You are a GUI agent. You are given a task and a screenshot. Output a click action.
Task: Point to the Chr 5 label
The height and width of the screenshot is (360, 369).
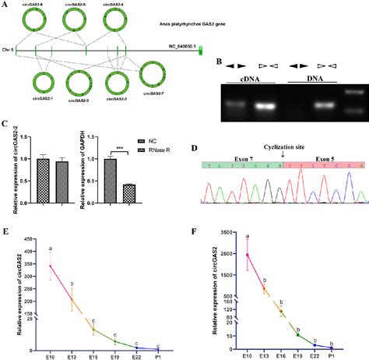(x=8, y=51)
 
